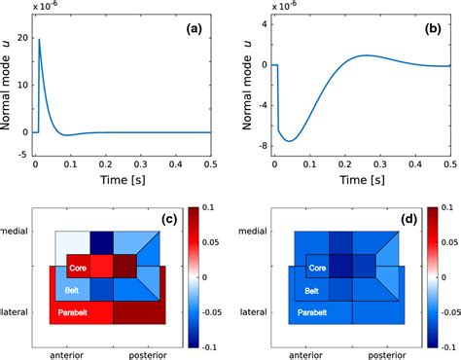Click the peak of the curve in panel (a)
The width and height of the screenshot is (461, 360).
39,40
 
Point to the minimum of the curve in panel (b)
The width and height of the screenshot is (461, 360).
289,141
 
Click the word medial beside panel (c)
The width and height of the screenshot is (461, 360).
17,230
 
